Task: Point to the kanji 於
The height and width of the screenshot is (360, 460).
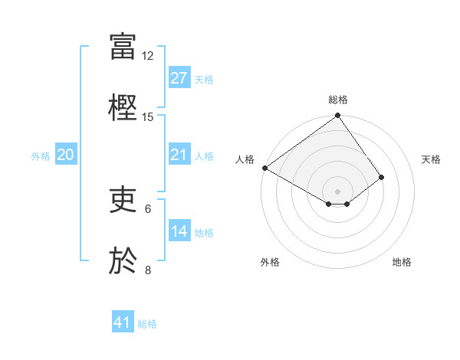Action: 123,260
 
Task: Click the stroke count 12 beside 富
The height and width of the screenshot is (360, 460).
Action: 148,56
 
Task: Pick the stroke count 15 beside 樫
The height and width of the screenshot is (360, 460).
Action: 148,117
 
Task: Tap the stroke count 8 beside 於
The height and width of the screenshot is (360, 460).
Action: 148,270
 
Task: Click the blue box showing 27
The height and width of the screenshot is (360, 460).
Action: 179,78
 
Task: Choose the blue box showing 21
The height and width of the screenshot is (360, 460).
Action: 179,155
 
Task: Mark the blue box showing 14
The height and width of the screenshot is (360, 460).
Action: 179,231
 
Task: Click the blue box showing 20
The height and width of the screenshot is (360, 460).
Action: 66,155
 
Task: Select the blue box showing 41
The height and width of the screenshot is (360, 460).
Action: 123,322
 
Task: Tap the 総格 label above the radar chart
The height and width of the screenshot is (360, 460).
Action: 338,100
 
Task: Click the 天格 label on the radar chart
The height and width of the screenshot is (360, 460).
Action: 431,159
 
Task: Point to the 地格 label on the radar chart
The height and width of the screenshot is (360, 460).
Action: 402,262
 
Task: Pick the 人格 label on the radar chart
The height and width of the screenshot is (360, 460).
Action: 245,159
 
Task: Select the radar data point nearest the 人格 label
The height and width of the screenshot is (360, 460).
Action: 264,168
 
